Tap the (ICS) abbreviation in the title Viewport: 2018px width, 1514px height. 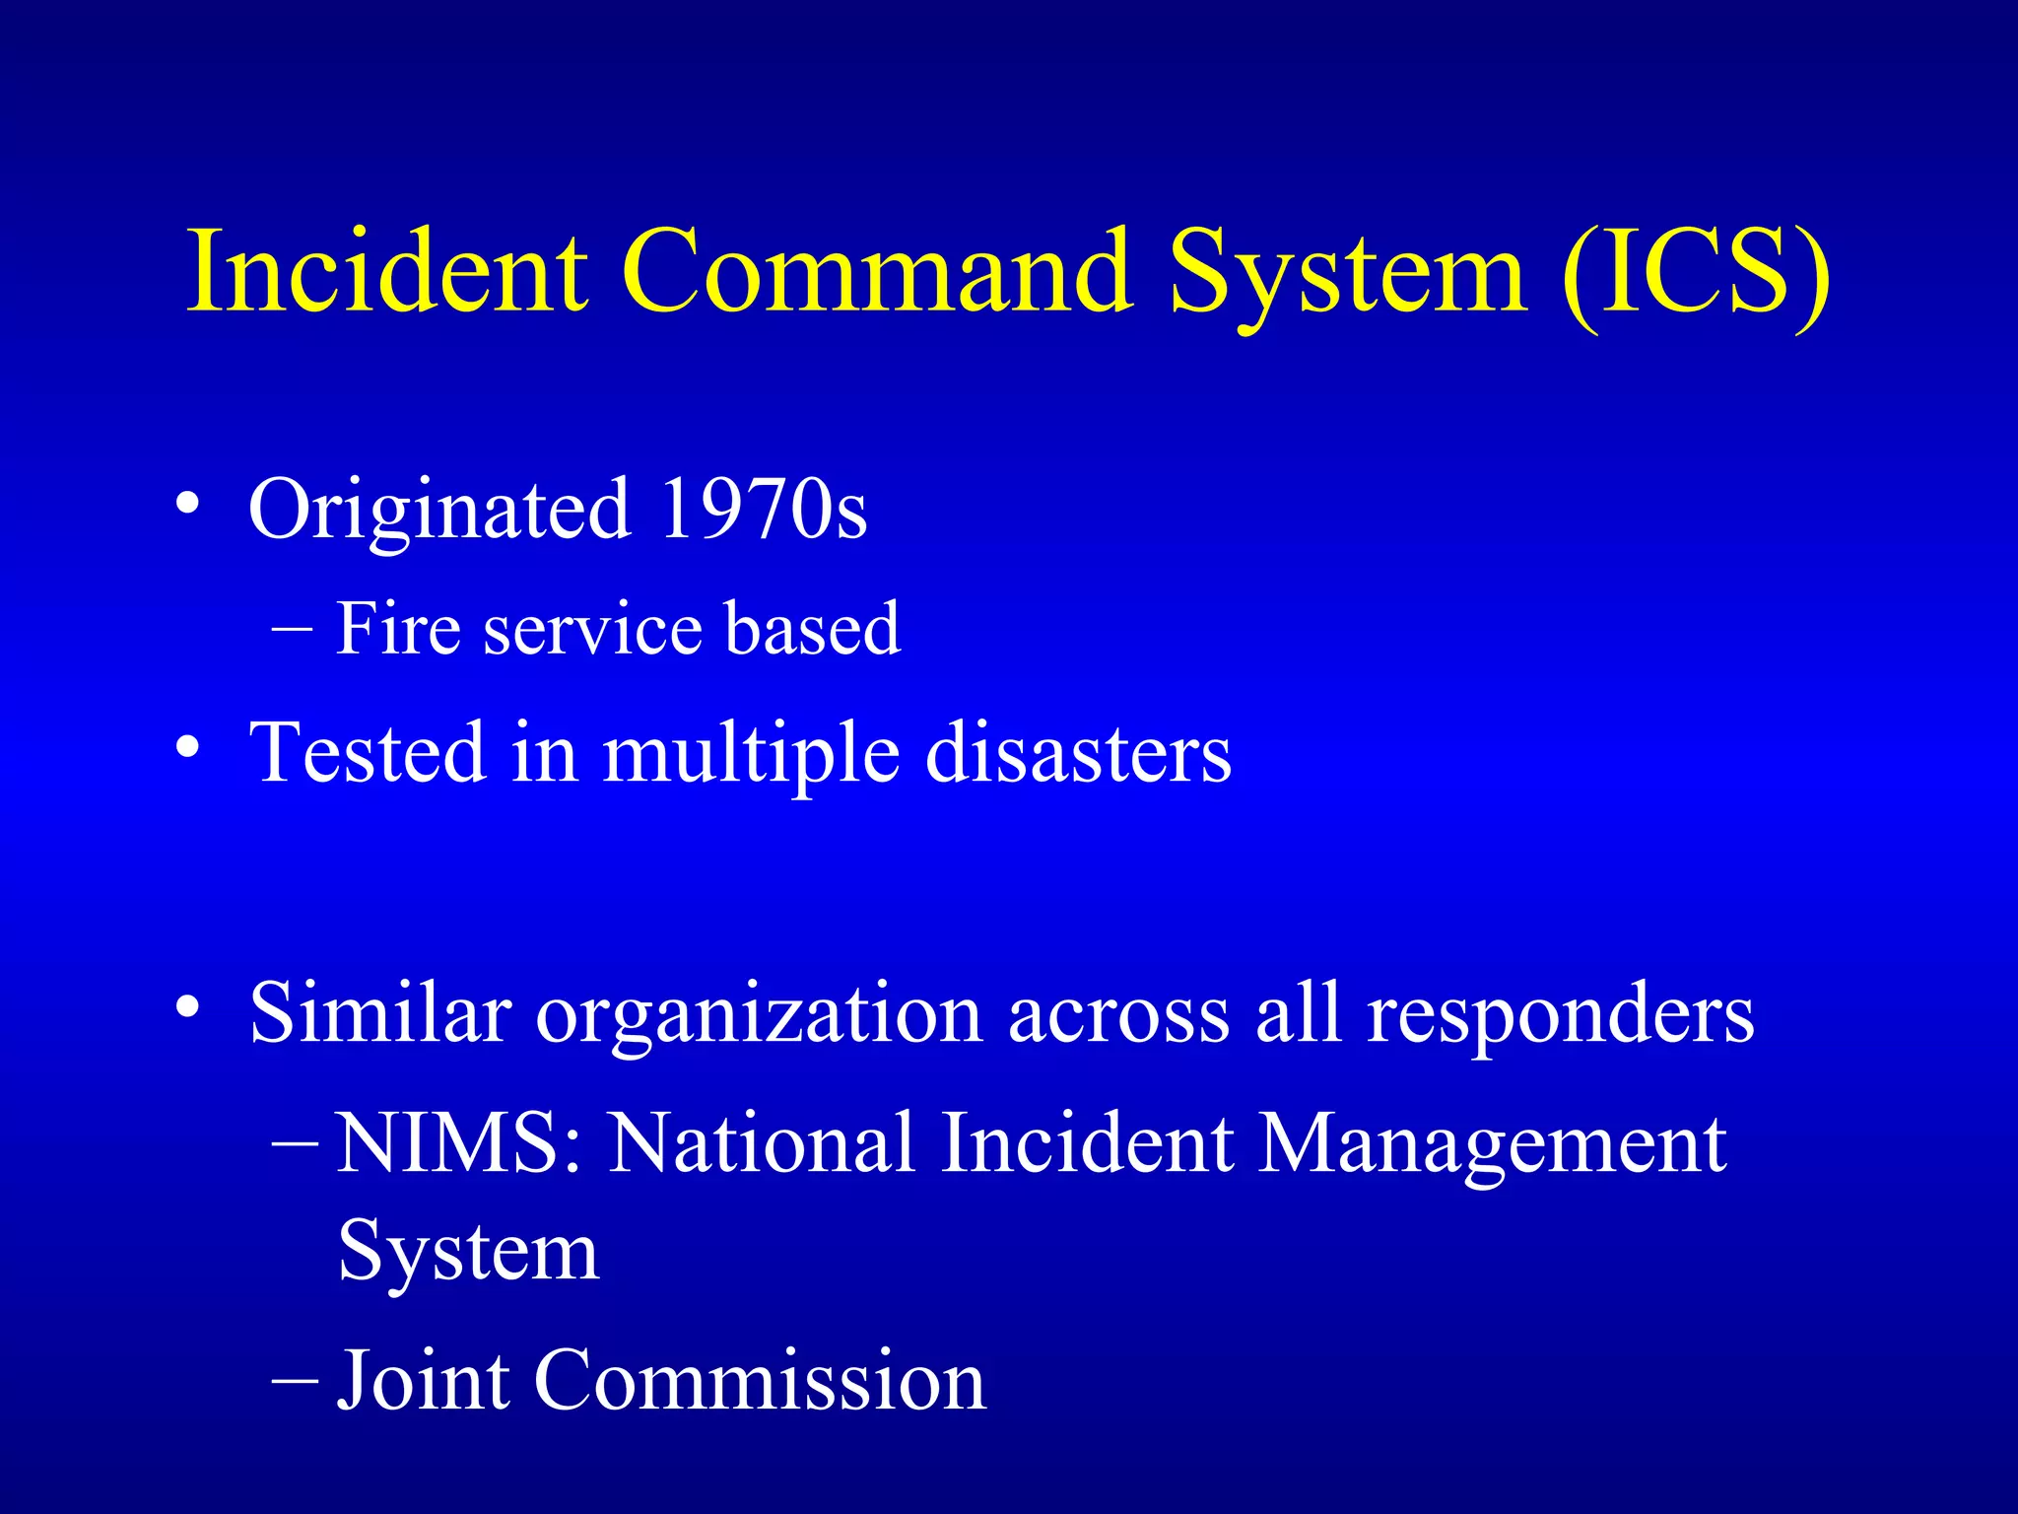[x=1696, y=272]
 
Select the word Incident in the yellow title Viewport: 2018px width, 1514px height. [x=388, y=270]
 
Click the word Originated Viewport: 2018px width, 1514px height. [x=439, y=511]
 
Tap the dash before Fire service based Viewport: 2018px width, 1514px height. [x=293, y=629]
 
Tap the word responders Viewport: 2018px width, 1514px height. [x=1561, y=1015]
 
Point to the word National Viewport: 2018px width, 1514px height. [x=762, y=1142]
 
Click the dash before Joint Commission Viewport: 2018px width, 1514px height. [x=294, y=1381]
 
